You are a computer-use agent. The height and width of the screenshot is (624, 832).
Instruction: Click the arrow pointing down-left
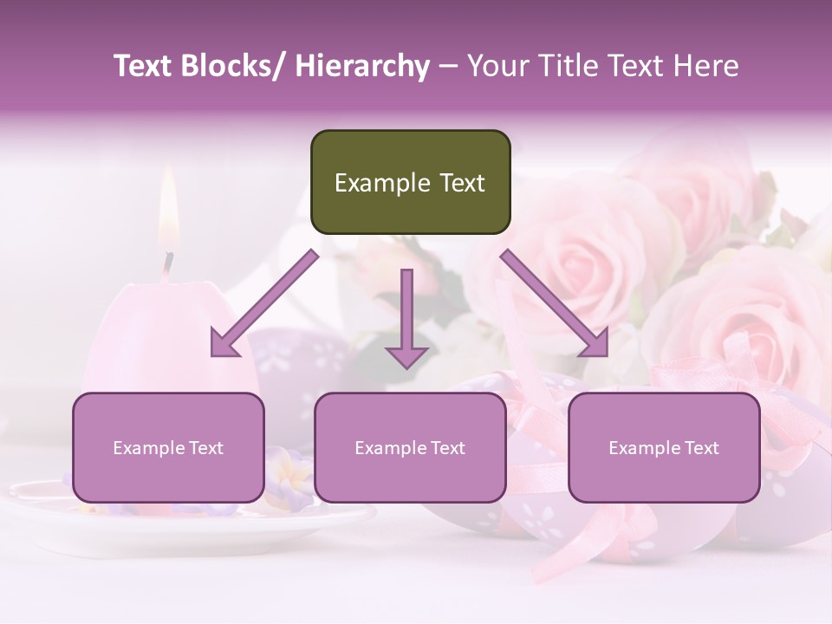[263, 304]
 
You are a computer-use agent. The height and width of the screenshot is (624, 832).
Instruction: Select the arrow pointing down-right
[556, 304]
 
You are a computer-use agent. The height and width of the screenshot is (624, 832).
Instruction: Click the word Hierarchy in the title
[361, 66]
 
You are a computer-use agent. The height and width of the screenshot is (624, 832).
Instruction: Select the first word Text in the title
[144, 66]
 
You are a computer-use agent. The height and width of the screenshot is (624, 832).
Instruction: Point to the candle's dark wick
[168, 263]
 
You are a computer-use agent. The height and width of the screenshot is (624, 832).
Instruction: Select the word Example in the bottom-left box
[147, 448]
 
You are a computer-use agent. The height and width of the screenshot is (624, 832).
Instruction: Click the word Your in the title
[497, 66]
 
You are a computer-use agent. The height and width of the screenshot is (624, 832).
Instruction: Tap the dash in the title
[448, 66]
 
